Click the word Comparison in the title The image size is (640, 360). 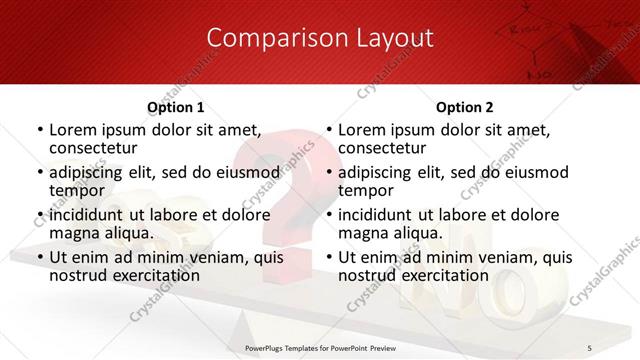267,38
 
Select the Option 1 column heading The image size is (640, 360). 176,107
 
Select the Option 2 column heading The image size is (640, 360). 465,107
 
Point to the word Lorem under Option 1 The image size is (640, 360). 75,129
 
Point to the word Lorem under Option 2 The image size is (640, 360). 364,129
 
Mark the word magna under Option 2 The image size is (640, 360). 363,233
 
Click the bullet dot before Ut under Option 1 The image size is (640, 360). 39,257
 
